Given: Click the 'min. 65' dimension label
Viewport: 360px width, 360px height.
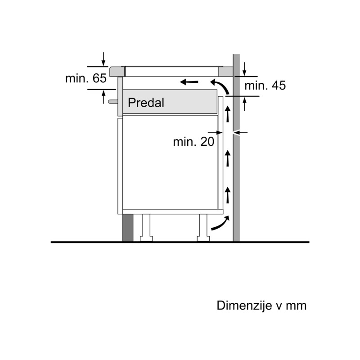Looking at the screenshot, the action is [x=86, y=78].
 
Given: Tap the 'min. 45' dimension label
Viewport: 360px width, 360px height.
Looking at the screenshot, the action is [x=265, y=85].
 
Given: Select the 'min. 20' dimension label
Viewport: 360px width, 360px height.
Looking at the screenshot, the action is [x=193, y=142].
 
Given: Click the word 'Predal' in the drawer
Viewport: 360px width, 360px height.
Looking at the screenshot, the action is [x=146, y=103].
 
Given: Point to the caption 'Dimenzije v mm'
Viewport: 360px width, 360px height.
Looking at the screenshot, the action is [x=261, y=306].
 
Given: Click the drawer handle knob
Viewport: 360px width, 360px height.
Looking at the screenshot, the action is [x=113, y=102].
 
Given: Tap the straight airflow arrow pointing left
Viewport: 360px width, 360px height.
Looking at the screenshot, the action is [x=189, y=82].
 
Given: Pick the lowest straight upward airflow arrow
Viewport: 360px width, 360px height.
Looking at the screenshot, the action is [x=228, y=195].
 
